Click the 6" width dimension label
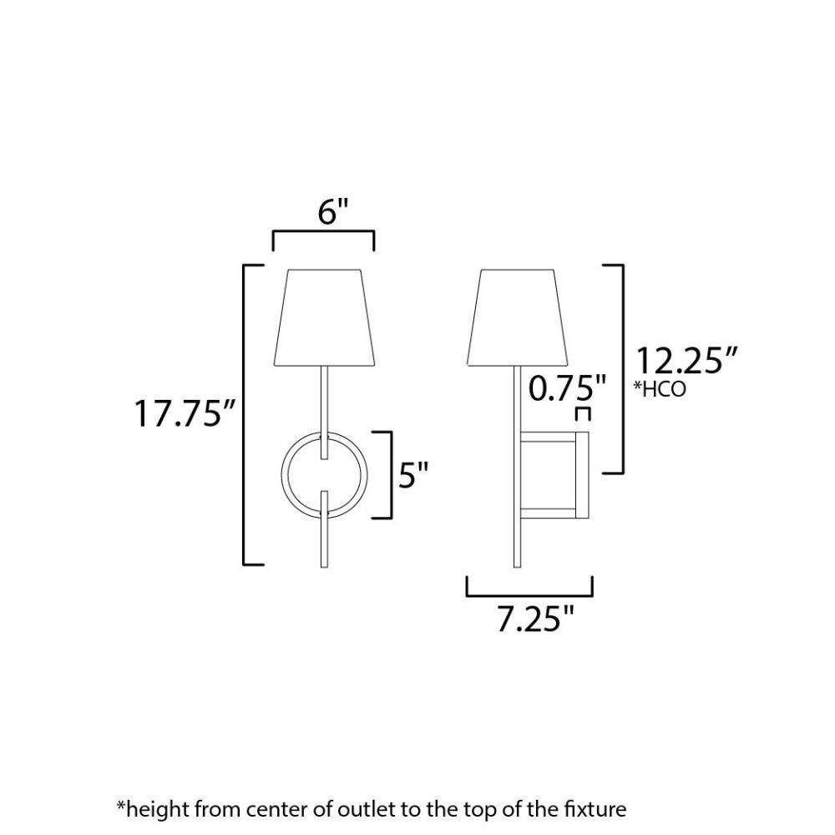click(333, 211)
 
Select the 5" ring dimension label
click(414, 476)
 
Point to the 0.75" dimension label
click(568, 387)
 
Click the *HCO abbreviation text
click(660, 389)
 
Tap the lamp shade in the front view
click(324, 317)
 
